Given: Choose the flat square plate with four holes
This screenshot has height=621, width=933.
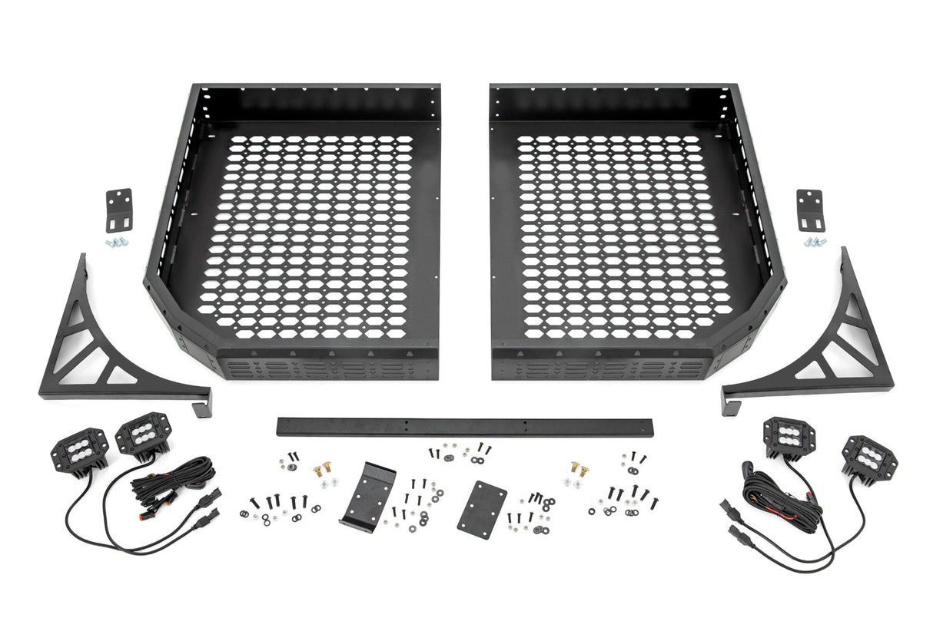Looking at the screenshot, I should coord(481,507).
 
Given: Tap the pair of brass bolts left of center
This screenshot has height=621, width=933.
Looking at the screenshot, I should coord(322,467).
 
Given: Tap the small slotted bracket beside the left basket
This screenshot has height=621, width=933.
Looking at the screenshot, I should coord(119,209).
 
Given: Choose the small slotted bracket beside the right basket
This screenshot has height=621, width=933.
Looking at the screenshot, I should coord(808,210).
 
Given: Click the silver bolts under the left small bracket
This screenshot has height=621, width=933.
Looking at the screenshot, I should coord(116,242).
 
